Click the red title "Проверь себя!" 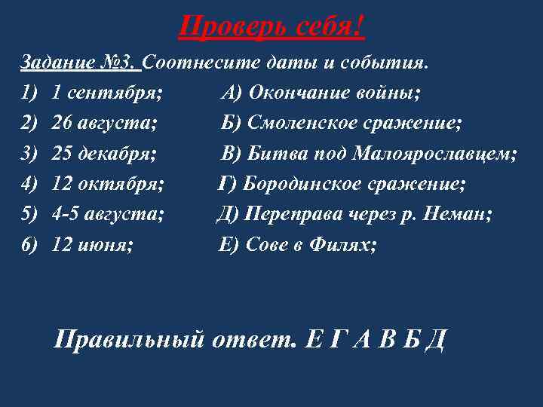point(272,28)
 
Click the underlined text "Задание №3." point(78,63)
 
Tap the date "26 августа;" point(105,124)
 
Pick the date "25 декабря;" point(105,154)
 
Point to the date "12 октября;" point(109,184)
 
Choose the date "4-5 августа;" point(109,214)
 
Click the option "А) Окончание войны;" point(321,93)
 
